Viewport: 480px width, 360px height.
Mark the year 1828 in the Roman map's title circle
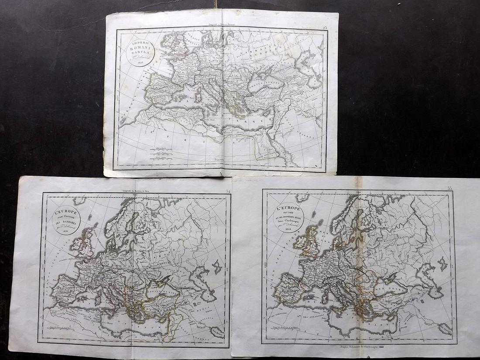click(141, 62)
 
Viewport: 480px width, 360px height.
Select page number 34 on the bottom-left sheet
click(228, 191)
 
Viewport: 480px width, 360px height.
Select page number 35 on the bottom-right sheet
click(450, 188)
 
